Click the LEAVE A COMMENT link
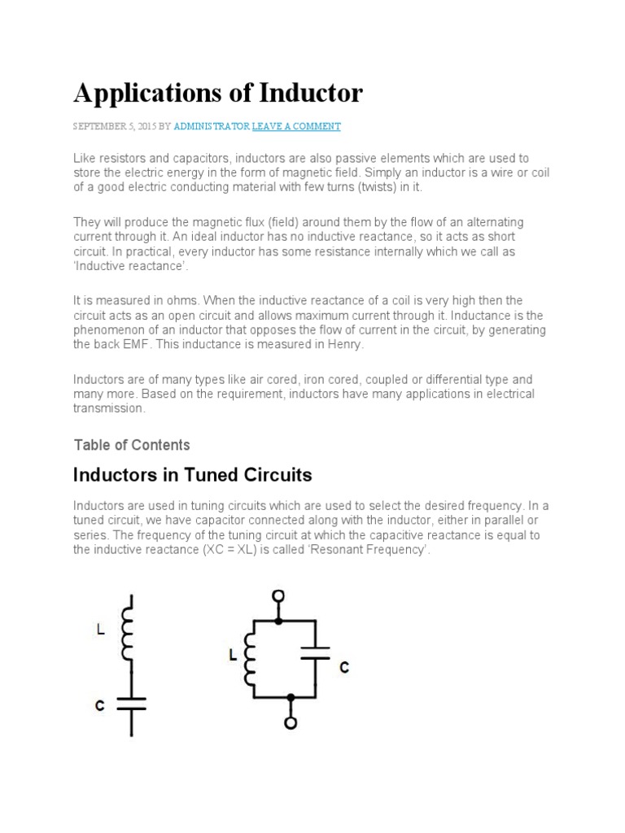tap(296, 127)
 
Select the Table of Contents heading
tap(132, 445)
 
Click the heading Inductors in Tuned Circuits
tap(193, 474)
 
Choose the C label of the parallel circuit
tap(344, 667)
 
